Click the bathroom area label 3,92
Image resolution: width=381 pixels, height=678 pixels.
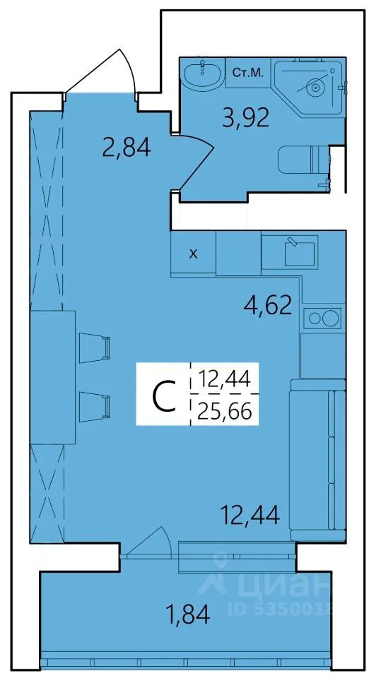pos(245,117)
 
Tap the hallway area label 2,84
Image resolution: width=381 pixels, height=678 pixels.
pos(127,147)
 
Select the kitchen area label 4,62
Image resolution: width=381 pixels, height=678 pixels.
pos(267,306)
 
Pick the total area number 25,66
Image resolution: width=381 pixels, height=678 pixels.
pos(224,412)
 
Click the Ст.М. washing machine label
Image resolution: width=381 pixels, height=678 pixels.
pos(247,73)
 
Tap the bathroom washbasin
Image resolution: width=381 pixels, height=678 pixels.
pos(203,74)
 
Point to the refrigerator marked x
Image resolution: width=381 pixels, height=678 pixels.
pos(193,253)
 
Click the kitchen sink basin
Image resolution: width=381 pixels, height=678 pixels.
pos(299,254)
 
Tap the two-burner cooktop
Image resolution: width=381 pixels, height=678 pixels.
pos(322,318)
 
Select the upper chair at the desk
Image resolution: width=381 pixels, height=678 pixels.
pos(95,348)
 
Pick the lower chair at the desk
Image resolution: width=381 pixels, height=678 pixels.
pos(95,407)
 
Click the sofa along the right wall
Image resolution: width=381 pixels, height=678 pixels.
pos(318,460)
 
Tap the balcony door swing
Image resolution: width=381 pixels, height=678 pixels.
pos(149,540)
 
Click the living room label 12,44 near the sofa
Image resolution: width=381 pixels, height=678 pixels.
pos(250,514)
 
